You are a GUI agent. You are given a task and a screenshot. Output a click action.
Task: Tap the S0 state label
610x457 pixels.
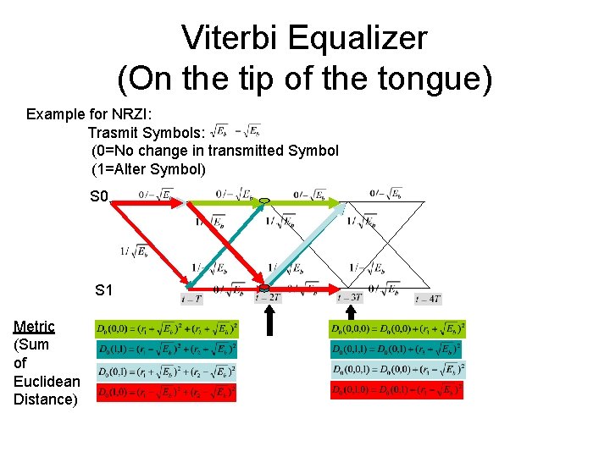100,197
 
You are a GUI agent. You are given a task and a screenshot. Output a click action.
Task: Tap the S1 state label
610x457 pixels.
104,290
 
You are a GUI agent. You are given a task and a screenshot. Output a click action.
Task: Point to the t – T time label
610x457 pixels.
192,298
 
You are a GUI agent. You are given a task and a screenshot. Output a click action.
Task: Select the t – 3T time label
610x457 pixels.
349,298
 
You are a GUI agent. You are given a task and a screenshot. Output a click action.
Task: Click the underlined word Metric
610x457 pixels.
34,327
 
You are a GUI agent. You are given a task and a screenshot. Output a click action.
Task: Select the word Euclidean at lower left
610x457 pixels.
47,382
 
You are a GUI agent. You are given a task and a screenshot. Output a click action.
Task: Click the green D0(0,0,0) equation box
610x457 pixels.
397,328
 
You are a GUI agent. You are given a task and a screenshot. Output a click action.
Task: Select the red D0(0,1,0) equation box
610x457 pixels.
396,390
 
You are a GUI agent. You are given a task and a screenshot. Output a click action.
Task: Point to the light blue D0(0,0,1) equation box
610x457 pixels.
397,370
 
